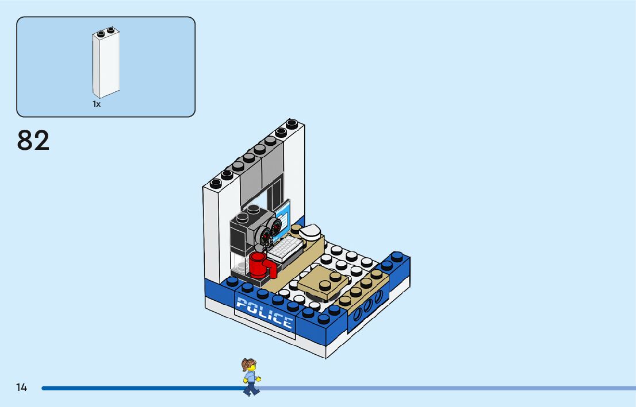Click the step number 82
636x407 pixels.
point(33,141)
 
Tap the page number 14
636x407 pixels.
point(21,387)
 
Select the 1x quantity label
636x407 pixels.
point(97,104)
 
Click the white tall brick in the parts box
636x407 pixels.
point(106,64)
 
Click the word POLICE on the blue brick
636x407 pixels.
point(264,313)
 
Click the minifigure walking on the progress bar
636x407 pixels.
point(250,377)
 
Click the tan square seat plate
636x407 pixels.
point(323,283)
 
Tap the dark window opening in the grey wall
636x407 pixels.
point(273,194)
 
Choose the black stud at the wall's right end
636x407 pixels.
point(293,123)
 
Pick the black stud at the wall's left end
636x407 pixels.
point(216,183)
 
